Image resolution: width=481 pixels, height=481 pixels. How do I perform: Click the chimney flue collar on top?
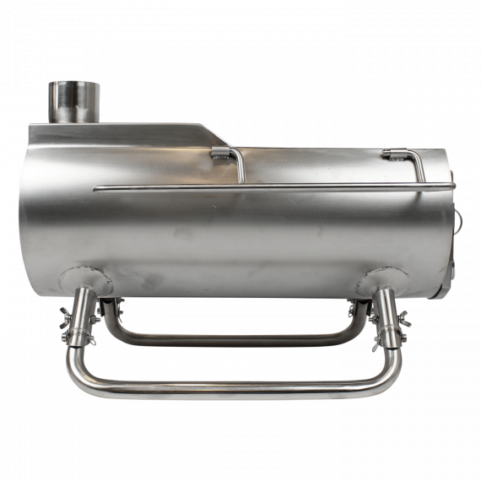pyautogui.click(x=73, y=100)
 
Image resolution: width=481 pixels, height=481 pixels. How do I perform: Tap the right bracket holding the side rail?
pyautogui.click(x=393, y=154)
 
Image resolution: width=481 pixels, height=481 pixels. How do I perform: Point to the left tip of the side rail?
pyautogui.click(x=95, y=189)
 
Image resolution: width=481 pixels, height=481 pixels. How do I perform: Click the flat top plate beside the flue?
pyautogui.click(x=143, y=132)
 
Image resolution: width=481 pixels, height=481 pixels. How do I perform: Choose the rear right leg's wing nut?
pyautogui.click(x=354, y=310)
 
